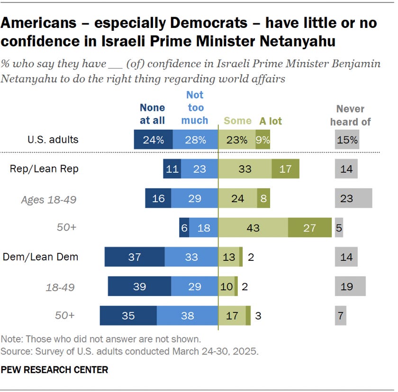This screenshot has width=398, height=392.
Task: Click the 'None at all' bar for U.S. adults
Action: coord(154,140)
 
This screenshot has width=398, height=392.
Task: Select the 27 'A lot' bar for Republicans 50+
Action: coord(310,227)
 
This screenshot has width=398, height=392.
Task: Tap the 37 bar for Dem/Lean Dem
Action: coord(135,257)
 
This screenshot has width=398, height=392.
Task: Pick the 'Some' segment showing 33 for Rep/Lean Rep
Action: coord(245,169)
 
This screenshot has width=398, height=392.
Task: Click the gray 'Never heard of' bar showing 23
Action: coord(353,198)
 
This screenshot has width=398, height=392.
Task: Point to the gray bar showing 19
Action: coord(350,286)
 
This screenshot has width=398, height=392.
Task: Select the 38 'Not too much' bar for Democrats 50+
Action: coord(188,316)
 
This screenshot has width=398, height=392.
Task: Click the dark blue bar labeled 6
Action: coord(184,227)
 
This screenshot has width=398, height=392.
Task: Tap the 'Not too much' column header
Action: coord(195,108)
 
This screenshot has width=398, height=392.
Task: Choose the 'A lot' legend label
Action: coord(271,121)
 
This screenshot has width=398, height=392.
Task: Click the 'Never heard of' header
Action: coord(350,116)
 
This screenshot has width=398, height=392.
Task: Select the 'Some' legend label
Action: coord(237,121)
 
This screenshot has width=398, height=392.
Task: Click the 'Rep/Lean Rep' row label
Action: coord(44,169)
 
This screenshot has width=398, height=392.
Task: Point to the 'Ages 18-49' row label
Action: coord(49,200)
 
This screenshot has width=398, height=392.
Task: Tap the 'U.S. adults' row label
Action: coord(53,140)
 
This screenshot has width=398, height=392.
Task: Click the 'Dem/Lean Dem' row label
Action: coord(40,257)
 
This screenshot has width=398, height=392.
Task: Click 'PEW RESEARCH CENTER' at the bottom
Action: coord(54,370)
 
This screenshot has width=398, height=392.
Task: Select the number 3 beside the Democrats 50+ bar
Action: coord(258,316)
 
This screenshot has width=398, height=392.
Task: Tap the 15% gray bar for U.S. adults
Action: coord(347,140)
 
